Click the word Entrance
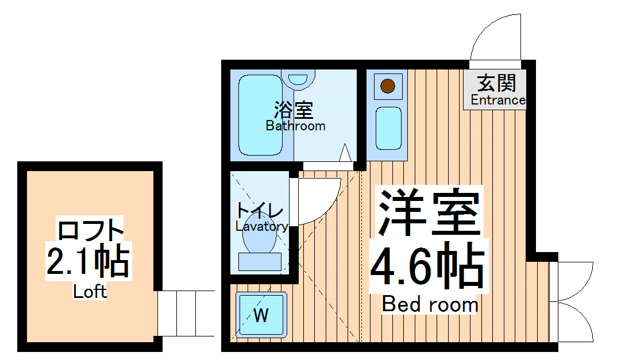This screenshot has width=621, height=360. [497, 100]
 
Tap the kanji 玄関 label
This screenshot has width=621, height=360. [497, 84]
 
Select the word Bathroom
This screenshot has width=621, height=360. [295, 126]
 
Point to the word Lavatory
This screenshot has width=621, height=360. [261, 226]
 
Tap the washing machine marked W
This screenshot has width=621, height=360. [261, 314]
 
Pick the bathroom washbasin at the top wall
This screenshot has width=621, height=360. [298, 79]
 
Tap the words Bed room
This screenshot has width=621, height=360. [430, 304]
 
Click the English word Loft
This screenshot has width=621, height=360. [90, 292]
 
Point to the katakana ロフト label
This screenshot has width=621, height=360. [91, 231]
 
